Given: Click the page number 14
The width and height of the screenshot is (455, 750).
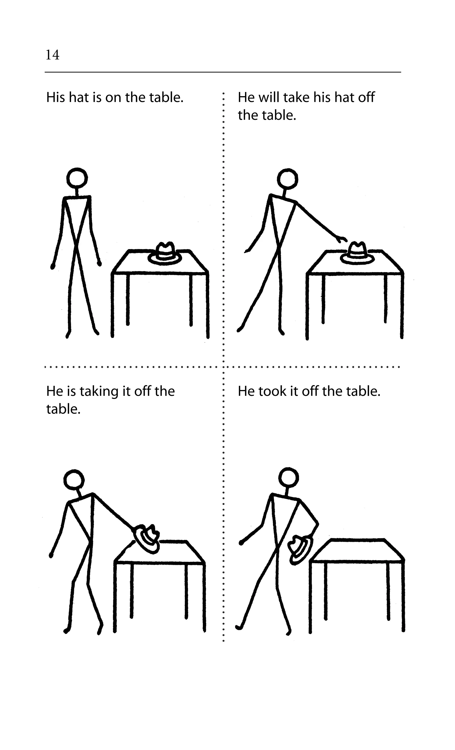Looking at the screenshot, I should coord(52,55).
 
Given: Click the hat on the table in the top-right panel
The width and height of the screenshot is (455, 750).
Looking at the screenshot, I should coord(357,254).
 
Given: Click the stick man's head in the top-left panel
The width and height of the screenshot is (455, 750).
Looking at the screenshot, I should coord(77,178).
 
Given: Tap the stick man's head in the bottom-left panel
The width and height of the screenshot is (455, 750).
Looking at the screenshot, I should coord(74,480).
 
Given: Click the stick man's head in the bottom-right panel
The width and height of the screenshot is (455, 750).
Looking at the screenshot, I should coord(288,477).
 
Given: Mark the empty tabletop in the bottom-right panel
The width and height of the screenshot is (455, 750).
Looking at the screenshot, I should coord(358,550).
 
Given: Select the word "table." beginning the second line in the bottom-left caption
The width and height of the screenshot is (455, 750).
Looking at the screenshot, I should coord(63,409).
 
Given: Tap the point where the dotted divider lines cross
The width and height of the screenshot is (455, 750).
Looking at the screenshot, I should coord(224,367).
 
